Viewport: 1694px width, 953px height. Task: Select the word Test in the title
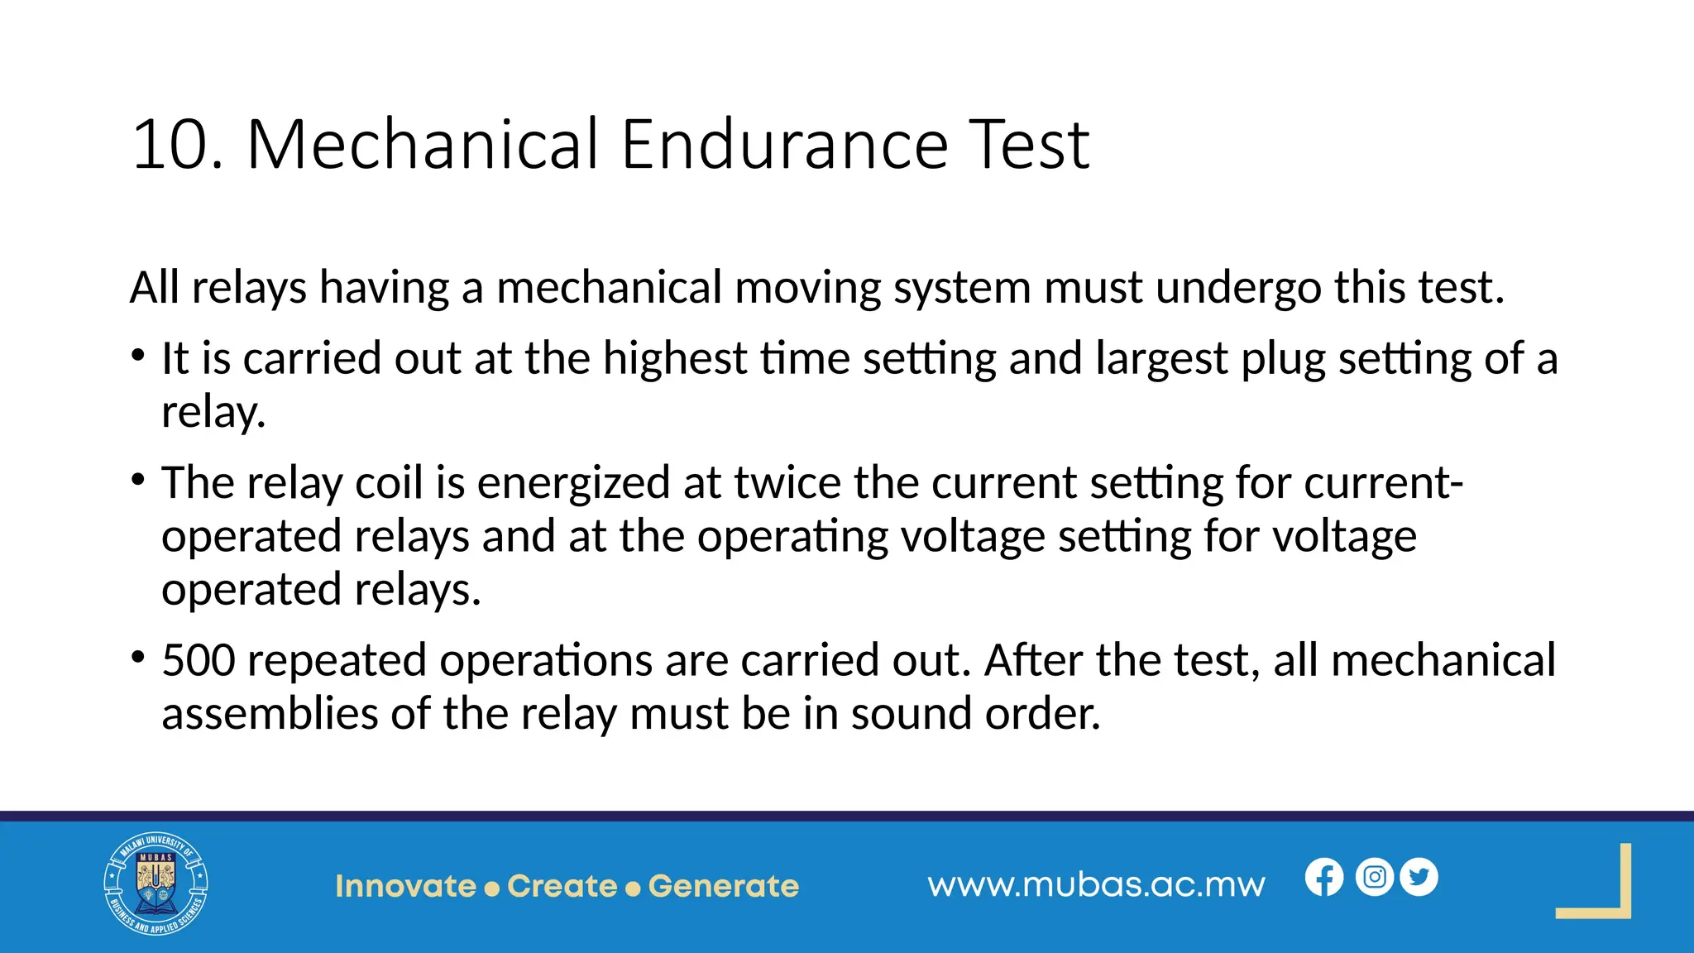coord(1029,145)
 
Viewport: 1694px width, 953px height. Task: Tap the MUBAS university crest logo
coord(156,884)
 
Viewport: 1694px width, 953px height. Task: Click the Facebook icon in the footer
coord(1324,878)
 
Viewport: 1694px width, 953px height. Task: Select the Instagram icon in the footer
coord(1375,877)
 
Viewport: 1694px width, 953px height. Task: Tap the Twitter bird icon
coord(1419,877)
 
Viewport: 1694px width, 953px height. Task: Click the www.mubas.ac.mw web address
coord(1096,885)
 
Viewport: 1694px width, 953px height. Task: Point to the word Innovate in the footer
coord(405,886)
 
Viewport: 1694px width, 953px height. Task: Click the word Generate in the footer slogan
coord(724,886)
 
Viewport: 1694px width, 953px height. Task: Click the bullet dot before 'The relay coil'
coord(138,481)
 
